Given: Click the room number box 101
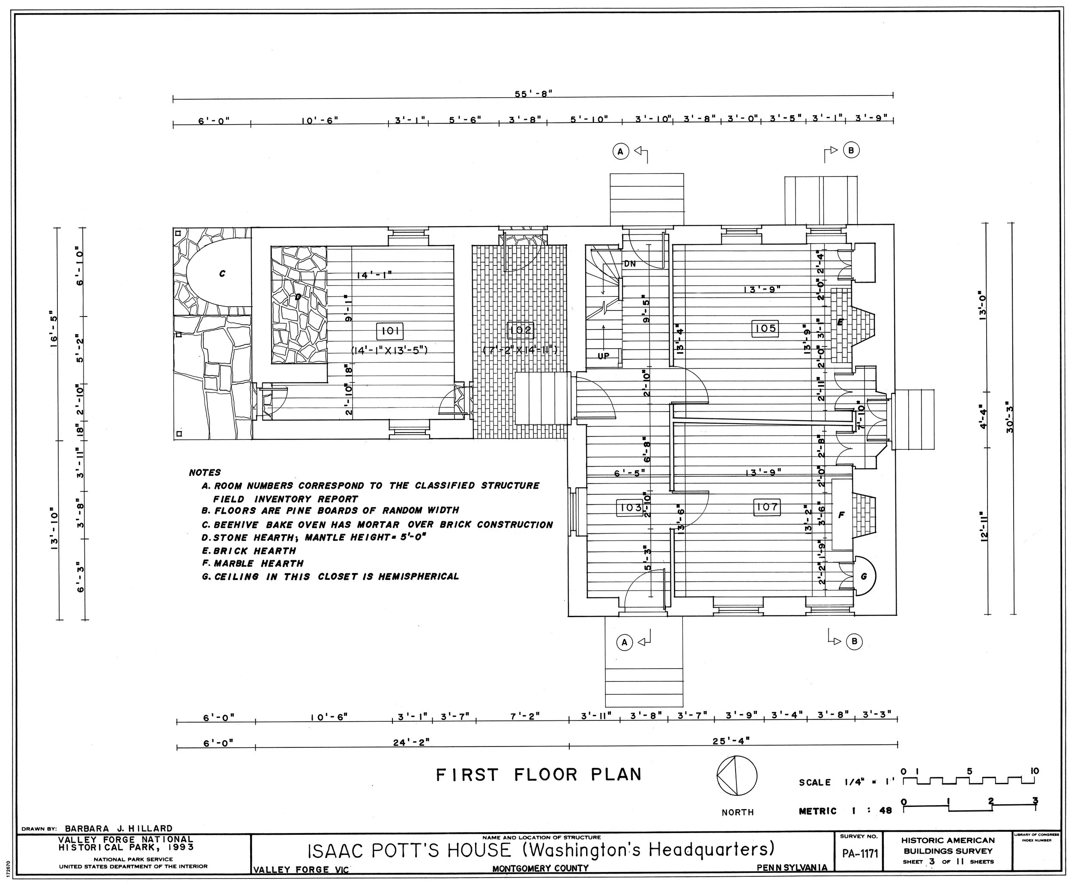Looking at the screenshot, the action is pos(389,331).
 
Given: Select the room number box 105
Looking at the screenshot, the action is pos(765,329).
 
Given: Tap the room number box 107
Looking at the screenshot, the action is pos(767,507).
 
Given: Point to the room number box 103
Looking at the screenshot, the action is pos(631,507).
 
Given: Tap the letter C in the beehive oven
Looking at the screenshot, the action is pos(222,274).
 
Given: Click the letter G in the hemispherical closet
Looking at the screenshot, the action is pos(863,577).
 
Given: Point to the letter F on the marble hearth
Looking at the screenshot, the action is pos(841,515).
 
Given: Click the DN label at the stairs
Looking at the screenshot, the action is pos(629,264).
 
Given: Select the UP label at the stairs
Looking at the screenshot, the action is pos(604,356).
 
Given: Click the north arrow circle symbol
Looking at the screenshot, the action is pos(736,776).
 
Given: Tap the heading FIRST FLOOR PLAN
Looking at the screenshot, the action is pos(538,775).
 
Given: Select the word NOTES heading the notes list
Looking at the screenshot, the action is pos(205,472).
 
